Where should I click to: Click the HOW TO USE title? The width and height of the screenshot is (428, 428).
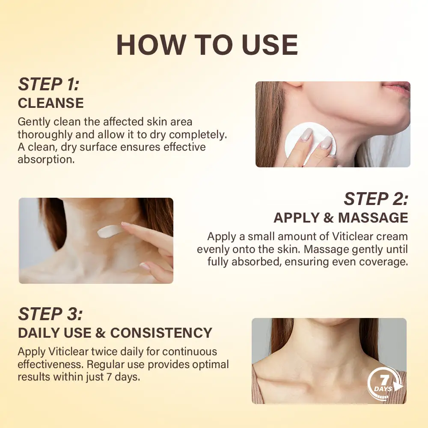click(x=207, y=45)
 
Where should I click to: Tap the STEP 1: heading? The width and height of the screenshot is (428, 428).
click(x=48, y=84)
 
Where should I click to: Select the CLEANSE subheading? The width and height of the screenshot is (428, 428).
click(x=51, y=103)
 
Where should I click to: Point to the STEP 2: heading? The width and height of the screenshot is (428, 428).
click(x=376, y=199)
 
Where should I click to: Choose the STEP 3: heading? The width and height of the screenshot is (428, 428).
click(x=50, y=314)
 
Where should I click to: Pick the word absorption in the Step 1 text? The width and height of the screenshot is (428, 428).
click(x=44, y=159)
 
